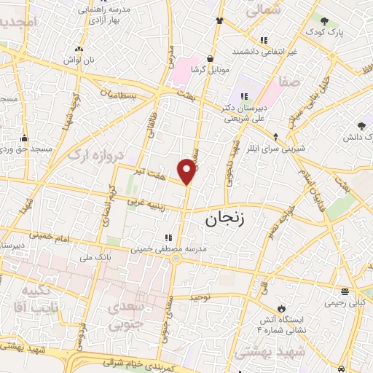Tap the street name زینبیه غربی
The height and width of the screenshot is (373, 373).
pyautogui.click(x=149, y=200)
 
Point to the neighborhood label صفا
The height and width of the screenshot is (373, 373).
pyautogui.click(x=288, y=82)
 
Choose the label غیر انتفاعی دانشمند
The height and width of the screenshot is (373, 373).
pyautogui.click(x=265, y=52)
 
